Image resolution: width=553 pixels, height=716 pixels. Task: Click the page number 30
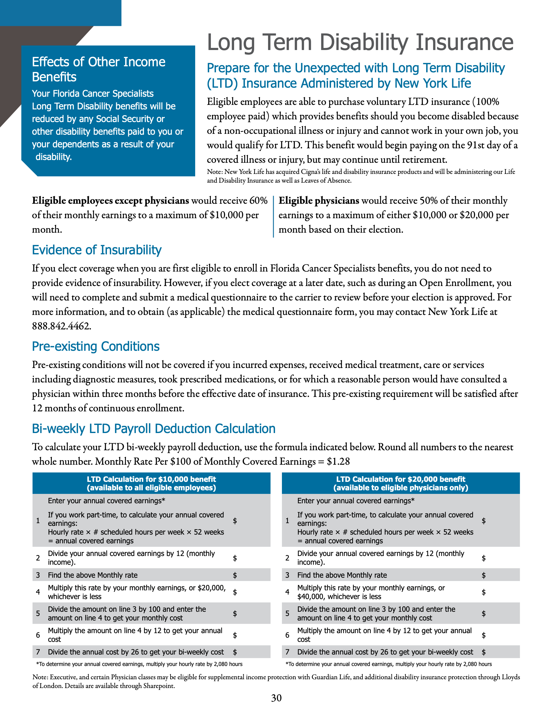[276, 698]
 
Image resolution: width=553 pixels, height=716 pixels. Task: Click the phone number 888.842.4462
[61, 326]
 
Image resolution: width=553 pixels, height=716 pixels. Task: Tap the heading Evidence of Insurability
[97, 250]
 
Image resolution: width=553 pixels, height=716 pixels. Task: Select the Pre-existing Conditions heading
[96, 346]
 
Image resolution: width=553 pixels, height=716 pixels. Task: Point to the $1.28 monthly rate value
[338, 462]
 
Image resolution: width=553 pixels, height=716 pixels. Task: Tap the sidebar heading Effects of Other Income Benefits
[98, 69]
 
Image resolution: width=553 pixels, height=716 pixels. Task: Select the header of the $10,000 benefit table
[152, 483]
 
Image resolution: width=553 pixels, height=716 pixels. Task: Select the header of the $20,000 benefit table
[401, 483]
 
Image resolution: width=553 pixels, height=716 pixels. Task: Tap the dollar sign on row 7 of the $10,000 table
[235, 652]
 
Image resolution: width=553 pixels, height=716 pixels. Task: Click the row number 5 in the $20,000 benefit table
[287, 613]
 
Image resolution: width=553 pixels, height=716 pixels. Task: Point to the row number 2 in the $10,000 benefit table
[38, 558]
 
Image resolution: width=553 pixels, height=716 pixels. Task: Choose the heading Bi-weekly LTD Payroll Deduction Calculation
[154, 429]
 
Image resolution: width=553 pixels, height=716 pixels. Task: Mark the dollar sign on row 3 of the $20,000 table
[483, 575]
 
